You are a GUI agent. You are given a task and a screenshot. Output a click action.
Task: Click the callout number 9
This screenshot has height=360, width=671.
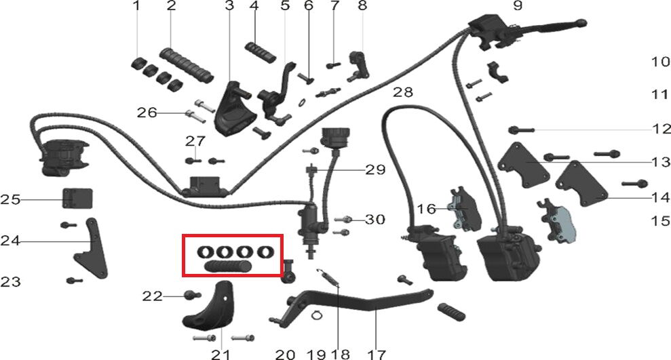[x=518, y=5]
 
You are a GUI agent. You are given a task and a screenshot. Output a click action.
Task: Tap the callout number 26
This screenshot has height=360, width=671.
[x=147, y=113]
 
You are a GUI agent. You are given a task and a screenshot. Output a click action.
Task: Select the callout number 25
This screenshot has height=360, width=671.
[x=10, y=200]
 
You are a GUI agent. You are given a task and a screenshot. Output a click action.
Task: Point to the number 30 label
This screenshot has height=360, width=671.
[x=375, y=220]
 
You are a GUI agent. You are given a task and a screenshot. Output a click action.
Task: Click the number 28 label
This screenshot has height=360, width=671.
[x=403, y=92]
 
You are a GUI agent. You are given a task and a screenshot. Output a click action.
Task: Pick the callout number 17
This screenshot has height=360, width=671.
[x=377, y=354]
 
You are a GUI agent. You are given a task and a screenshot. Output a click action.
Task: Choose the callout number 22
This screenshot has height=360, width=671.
[x=153, y=296]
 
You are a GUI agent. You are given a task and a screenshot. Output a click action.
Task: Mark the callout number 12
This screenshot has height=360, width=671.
[x=662, y=128]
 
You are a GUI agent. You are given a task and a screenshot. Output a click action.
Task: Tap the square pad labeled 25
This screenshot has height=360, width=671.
[x=77, y=199]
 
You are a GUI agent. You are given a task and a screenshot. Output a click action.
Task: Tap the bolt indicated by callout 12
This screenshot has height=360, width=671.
[x=521, y=129]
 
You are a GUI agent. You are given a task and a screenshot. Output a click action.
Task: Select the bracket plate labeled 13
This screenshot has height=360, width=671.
[x=523, y=165]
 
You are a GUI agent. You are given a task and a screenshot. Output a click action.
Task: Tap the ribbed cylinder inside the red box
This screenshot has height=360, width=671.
[x=228, y=266]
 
